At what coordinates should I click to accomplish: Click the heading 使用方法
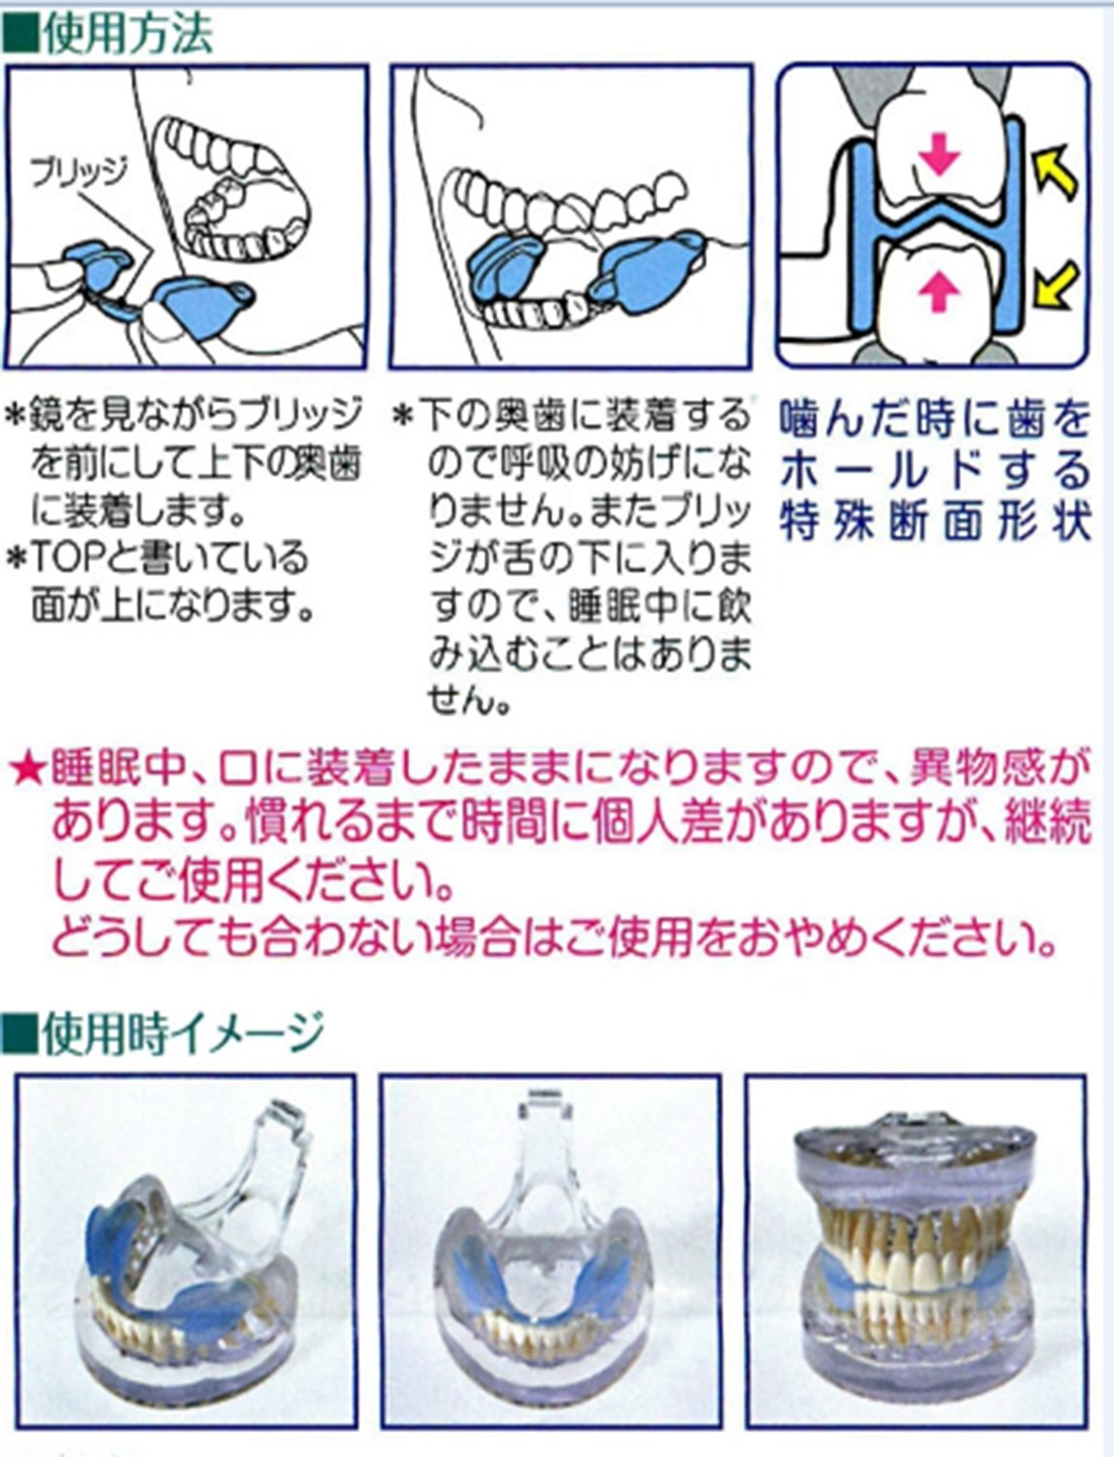pyautogui.click(x=127, y=35)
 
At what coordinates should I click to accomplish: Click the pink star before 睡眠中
pyautogui.click(x=27, y=771)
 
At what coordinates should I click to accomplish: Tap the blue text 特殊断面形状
pyautogui.click(x=935, y=522)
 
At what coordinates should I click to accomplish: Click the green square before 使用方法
pyautogui.click(x=19, y=36)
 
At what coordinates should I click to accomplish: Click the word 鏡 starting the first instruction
pyautogui.click(x=44, y=416)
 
